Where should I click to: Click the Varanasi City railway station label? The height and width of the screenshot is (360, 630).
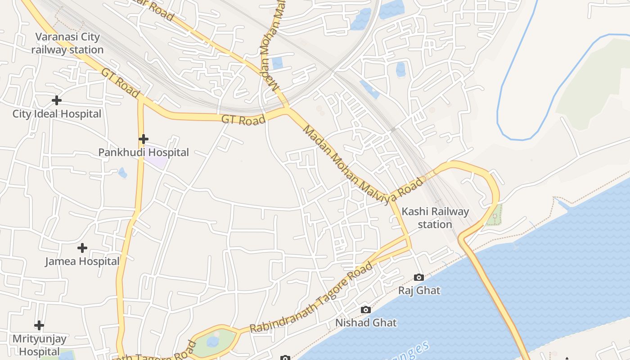click(x=67, y=43)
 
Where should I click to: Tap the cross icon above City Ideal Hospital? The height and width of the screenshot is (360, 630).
click(x=56, y=100)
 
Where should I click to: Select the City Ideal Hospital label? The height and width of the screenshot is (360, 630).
click(x=57, y=114)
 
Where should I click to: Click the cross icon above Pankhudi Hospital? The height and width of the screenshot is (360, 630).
click(x=143, y=139)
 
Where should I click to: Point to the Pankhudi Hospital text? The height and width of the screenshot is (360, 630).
click(x=144, y=153)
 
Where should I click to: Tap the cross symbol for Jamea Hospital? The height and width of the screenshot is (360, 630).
click(x=82, y=248)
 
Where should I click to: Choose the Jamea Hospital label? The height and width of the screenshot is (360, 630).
click(x=82, y=261)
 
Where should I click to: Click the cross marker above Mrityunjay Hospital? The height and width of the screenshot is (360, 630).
click(x=39, y=325)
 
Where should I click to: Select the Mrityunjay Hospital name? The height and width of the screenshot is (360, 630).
click(x=39, y=345)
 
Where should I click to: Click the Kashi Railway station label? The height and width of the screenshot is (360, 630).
click(x=435, y=218)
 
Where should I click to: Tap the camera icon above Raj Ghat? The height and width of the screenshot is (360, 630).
click(x=419, y=277)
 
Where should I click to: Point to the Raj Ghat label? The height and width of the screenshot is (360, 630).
click(x=419, y=290)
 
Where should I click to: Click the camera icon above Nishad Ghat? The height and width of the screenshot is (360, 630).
click(x=366, y=310)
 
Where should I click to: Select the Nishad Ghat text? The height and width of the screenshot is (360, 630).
click(x=366, y=323)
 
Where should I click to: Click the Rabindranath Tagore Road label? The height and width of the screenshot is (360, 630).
click(x=311, y=297)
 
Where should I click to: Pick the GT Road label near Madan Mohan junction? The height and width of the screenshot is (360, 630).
click(x=243, y=120)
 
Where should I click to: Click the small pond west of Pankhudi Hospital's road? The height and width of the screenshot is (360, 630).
click(x=122, y=173)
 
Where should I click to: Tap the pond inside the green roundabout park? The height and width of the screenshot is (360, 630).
click(x=213, y=342)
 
